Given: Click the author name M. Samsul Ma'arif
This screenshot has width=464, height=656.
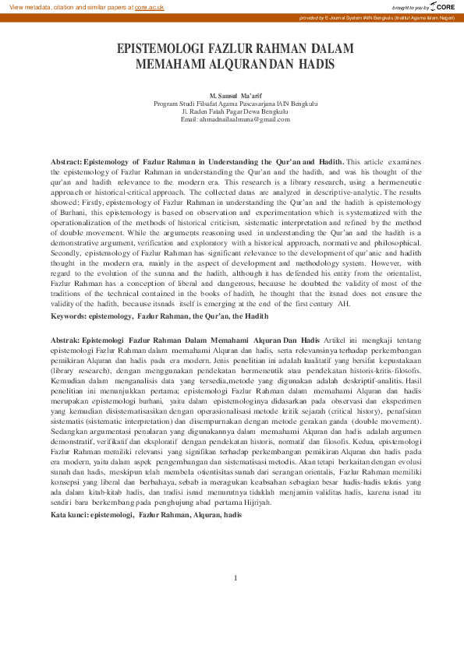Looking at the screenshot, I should click(235, 94).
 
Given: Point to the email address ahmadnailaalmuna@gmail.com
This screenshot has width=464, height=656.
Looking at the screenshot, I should click(235, 119).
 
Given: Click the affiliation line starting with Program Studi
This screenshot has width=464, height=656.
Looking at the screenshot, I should click(235, 103).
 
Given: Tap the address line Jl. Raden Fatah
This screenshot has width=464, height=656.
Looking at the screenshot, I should click(235, 111).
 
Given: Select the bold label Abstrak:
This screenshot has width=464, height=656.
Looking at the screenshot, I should click(65, 340).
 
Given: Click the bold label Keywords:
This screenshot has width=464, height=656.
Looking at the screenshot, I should click(68, 316).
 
